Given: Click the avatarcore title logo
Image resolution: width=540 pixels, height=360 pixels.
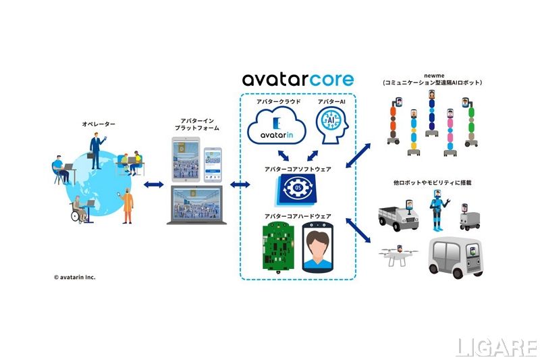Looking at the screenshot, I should (298, 79).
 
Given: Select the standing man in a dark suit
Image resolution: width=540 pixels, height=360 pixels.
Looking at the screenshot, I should (96, 150).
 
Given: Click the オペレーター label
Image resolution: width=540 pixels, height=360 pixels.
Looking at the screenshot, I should (99, 125).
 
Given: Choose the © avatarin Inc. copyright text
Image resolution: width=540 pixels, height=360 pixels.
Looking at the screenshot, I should (75, 276).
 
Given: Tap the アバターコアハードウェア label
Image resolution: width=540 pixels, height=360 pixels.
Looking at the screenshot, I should (298, 215).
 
